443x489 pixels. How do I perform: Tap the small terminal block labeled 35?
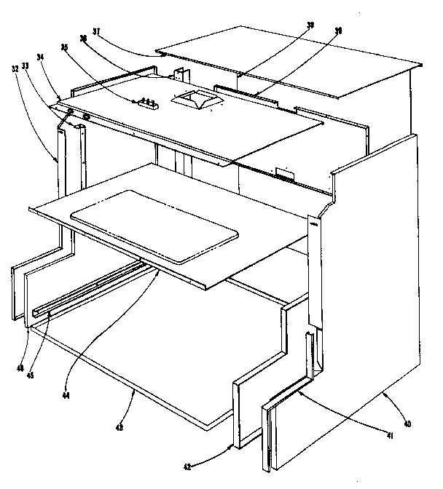tap(148, 103)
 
